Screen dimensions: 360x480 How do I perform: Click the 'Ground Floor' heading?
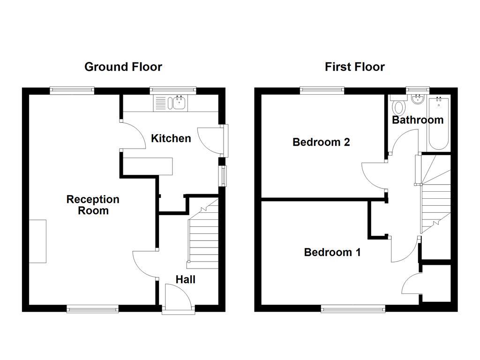123,67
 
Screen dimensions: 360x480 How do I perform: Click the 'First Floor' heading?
354,67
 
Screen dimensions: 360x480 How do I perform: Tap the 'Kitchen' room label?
171,138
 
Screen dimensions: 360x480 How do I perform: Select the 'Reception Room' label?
93,205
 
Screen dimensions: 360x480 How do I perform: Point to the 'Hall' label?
185,280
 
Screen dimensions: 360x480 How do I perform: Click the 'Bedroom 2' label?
321,142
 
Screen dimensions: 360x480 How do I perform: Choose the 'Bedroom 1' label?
332,252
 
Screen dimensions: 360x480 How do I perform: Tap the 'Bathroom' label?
418,120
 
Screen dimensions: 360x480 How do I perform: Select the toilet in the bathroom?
399,106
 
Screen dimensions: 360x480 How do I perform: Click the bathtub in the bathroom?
439,122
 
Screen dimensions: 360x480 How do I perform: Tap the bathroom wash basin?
417,99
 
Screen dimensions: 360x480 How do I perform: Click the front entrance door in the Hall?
178,297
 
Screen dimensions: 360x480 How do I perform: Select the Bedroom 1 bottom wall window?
353,308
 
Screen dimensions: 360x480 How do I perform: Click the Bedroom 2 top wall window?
322,90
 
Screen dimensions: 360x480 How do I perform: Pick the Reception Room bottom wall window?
92,308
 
